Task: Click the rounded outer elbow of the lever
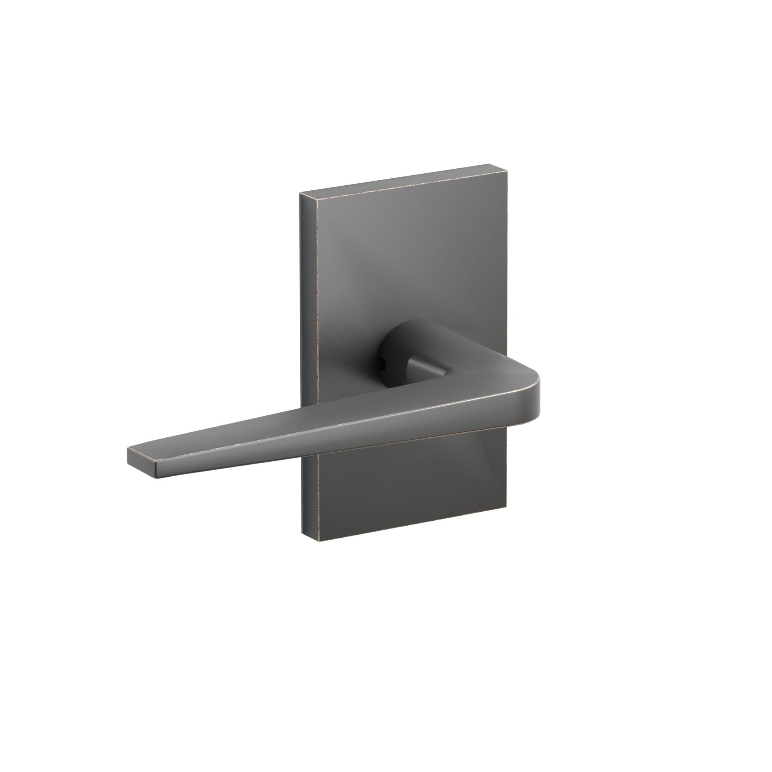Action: click(x=533, y=384)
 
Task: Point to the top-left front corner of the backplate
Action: click(x=317, y=200)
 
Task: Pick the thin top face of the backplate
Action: click(x=404, y=182)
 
